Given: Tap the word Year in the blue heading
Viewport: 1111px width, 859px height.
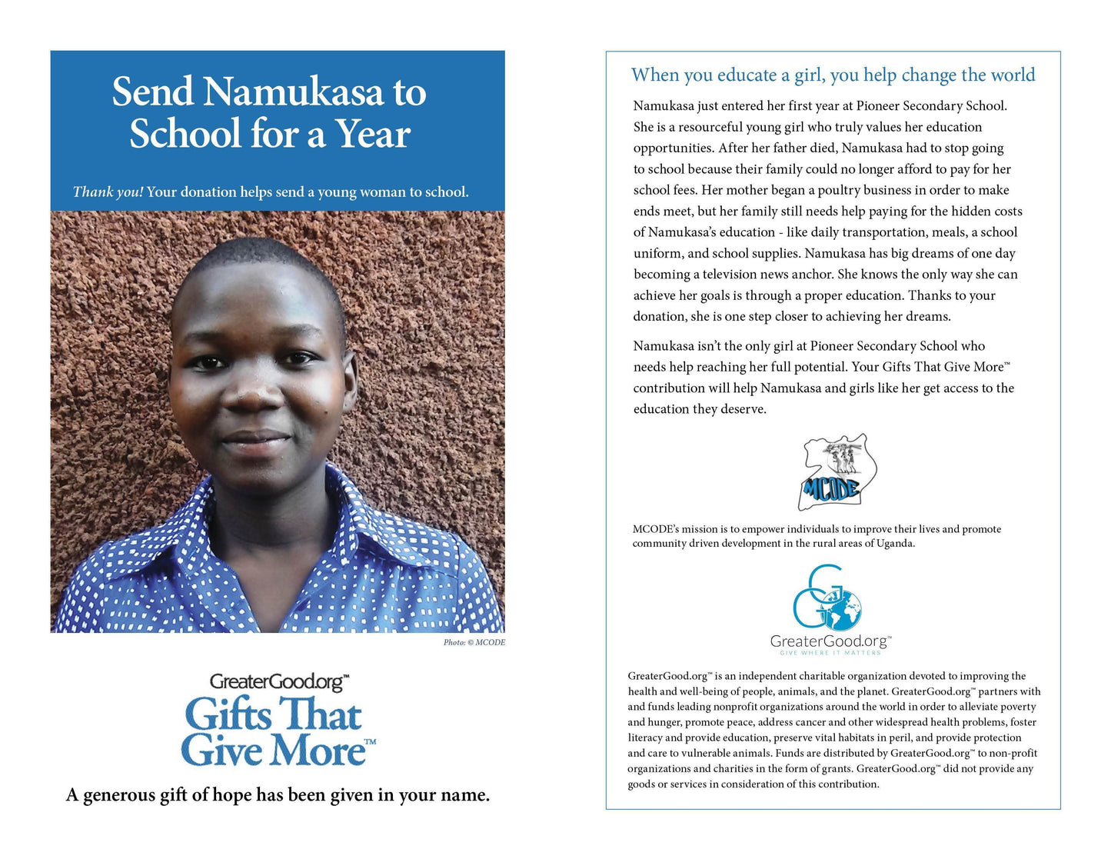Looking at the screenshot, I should click(x=372, y=134).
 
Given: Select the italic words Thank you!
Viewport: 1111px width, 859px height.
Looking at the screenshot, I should click(x=108, y=191).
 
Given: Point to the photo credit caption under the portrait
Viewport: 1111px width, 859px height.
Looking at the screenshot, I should click(x=474, y=642).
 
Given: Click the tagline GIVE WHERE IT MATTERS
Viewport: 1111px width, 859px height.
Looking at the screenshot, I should click(x=830, y=653).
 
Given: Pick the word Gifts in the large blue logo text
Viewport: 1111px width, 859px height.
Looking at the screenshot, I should click(x=229, y=714).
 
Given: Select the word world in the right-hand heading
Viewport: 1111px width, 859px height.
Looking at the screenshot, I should click(x=1013, y=75).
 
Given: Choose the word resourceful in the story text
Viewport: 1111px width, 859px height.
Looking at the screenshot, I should click(x=716, y=127).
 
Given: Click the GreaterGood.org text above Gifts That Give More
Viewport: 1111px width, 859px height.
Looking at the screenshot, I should click(x=278, y=681).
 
